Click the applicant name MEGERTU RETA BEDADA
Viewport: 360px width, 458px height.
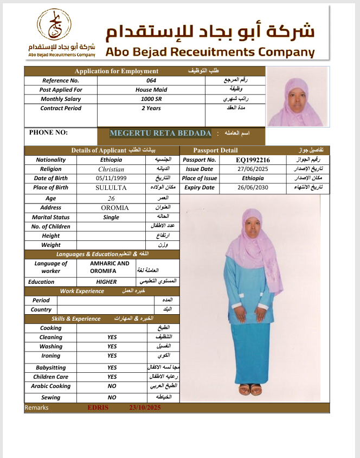tap(160, 133)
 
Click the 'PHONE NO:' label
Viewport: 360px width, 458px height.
tap(48, 132)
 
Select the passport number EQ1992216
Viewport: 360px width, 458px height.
tap(253, 160)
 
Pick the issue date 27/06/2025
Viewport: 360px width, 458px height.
tap(253, 169)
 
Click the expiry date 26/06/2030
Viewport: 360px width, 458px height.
tap(253, 188)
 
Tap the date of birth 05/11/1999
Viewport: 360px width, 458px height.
tap(111, 179)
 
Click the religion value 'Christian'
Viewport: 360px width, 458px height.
tap(111, 169)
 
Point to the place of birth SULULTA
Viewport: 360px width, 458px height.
tap(111, 188)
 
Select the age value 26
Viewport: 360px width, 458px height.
tap(111, 198)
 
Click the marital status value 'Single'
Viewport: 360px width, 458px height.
tap(111, 217)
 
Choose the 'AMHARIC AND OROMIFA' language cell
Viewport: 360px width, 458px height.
tap(110, 267)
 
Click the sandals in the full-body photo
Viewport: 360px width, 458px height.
tap(250, 390)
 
